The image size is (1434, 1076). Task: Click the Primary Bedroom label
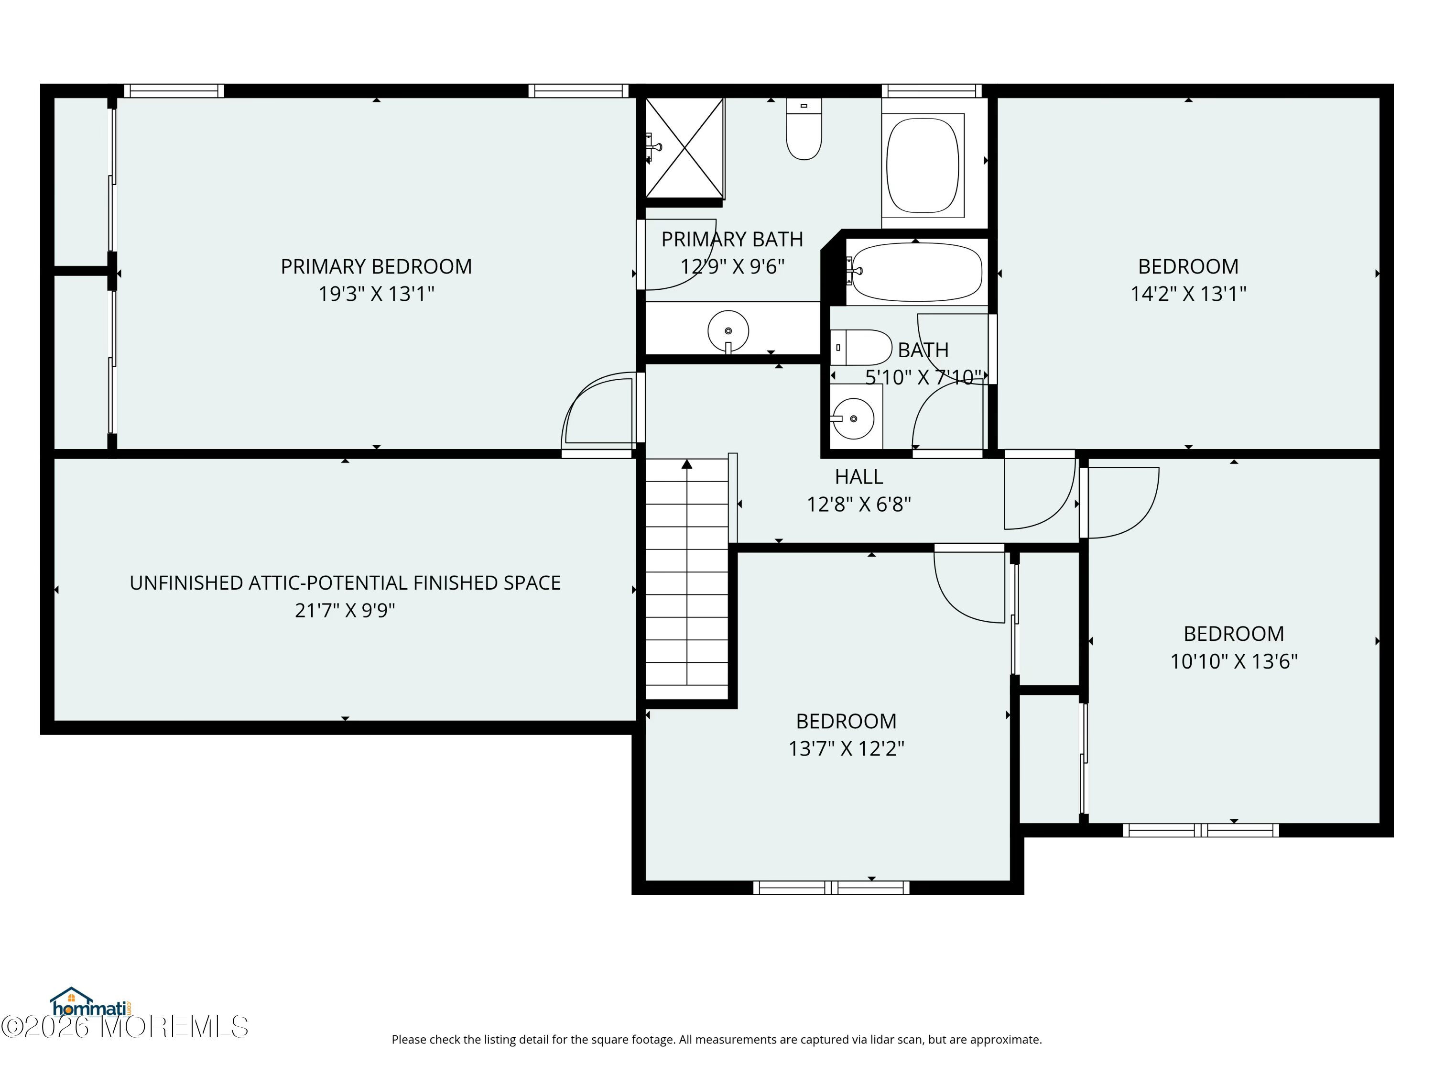pyautogui.click(x=376, y=266)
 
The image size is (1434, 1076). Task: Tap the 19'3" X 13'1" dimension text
pyautogui.click(x=376, y=294)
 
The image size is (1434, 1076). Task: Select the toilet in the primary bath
pyautogui.click(x=804, y=129)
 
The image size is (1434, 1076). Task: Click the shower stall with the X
pyautogui.click(x=684, y=148)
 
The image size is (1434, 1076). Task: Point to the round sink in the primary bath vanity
pyautogui.click(x=728, y=331)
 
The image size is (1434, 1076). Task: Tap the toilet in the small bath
pyautogui.click(x=861, y=348)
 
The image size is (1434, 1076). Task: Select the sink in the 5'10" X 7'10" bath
pyautogui.click(x=853, y=418)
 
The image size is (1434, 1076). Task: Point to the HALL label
pyautogui.click(x=858, y=477)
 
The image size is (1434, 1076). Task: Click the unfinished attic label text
pyautogui.click(x=345, y=583)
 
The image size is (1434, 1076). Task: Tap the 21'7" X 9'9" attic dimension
pyautogui.click(x=345, y=610)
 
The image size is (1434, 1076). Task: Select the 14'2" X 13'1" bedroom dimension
pyautogui.click(x=1188, y=294)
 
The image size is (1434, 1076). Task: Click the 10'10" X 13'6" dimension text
pyautogui.click(x=1234, y=661)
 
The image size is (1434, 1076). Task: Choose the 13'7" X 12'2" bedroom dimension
pyautogui.click(x=846, y=748)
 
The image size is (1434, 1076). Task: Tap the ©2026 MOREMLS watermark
pyautogui.click(x=124, y=1026)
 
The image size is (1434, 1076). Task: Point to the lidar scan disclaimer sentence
pyautogui.click(x=717, y=1040)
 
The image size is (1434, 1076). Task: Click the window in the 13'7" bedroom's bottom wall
pyautogui.click(x=831, y=887)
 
